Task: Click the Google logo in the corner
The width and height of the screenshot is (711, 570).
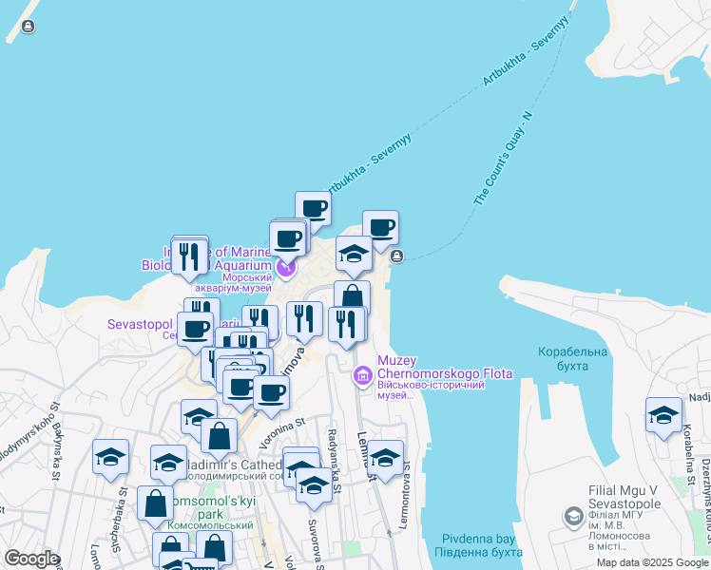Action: tap(31, 559)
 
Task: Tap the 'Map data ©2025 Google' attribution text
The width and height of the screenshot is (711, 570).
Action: tap(652, 562)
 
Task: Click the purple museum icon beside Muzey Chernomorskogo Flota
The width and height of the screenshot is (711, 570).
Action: tap(361, 377)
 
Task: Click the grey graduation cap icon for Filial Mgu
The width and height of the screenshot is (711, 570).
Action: tap(573, 517)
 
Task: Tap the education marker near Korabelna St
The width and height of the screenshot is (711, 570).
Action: tap(663, 415)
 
